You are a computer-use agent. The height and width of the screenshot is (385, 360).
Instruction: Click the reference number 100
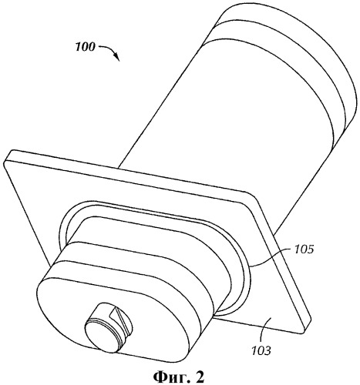pyautogui.click(x=85, y=47)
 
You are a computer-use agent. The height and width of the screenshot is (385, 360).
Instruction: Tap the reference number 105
pyautogui.click(x=304, y=249)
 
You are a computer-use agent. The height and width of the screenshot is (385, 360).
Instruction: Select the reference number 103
pyautogui.click(x=261, y=350)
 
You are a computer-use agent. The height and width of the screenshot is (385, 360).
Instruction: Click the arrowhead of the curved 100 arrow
pyautogui.click(x=117, y=57)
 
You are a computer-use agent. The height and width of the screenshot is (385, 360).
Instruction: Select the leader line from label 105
pyautogui.click(x=271, y=257)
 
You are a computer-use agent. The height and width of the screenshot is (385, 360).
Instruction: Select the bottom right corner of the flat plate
pyautogui.click(x=304, y=332)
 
